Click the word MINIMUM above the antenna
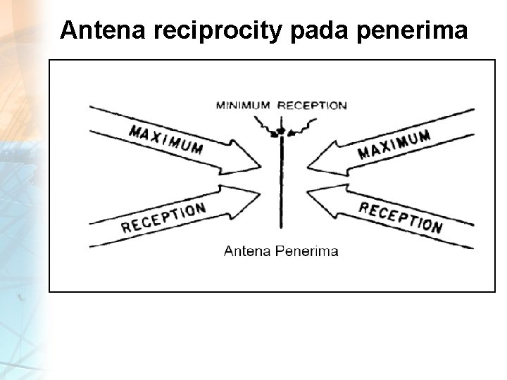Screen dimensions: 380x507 click(243, 106)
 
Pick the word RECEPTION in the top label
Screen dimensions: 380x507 click(312, 106)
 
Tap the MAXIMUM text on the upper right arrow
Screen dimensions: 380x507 click(394, 144)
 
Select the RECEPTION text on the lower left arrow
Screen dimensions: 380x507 click(163, 217)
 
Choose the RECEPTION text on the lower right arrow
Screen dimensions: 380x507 click(401, 217)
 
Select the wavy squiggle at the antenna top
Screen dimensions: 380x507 click(282, 130)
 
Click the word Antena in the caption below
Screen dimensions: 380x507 click(245, 251)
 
